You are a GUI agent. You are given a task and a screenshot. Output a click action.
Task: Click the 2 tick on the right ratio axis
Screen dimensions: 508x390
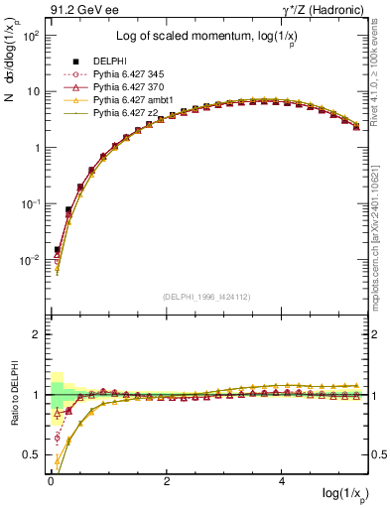(x=375, y=335)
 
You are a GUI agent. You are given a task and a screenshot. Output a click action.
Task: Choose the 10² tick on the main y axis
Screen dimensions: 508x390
(x=31, y=35)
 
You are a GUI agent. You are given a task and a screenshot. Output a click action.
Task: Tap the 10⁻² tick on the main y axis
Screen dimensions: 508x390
(x=31, y=260)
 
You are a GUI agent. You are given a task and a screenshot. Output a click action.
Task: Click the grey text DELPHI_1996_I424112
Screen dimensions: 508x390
(x=205, y=296)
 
